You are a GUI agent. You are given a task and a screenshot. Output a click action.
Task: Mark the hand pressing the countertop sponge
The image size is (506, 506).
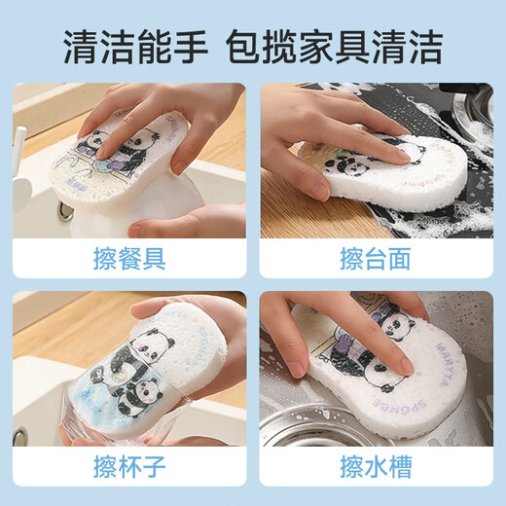pos(331,146)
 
